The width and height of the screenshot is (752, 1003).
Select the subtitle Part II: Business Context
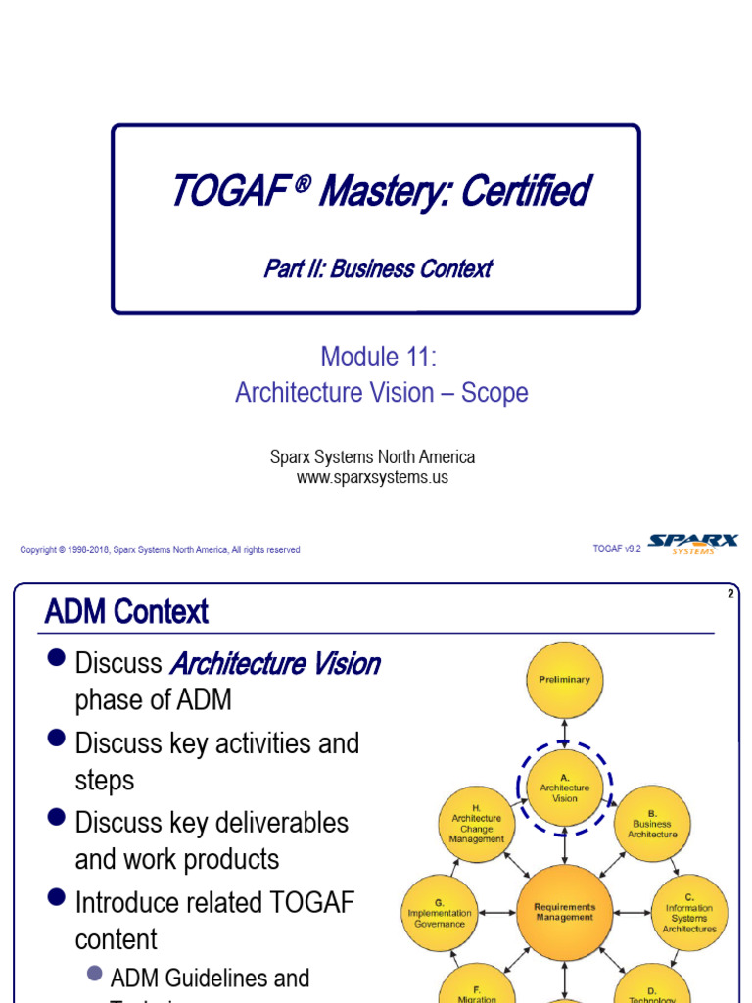pyautogui.click(x=377, y=268)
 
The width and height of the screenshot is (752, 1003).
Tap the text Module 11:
pyautogui.click(x=378, y=357)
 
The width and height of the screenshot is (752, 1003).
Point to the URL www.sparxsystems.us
pyautogui.click(x=372, y=477)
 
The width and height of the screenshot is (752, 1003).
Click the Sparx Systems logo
pyautogui.click(x=693, y=545)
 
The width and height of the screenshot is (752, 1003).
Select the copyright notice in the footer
pyautogui.click(x=160, y=550)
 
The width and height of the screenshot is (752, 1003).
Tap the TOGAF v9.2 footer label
pyautogui.click(x=617, y=549)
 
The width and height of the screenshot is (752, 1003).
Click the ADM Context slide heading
pyautogui.click(x=126, y=613)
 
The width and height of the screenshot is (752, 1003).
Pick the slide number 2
pyautogui.click(x=730, y=594)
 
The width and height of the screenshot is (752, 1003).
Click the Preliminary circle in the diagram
pyautogui.click(x=565, y=680)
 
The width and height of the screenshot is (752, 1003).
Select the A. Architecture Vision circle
pyautogui.click(x=565, y=788)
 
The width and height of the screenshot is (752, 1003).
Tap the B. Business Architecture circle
pyautogui.click(x=653, y=824)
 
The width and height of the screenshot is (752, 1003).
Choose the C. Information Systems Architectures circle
pyautogui.click(x=689, y=913)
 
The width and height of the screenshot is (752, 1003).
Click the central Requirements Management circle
pyautogui.click(x=565, y=912)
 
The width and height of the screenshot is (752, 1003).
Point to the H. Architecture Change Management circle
pyautogui.click(x=477, y=824)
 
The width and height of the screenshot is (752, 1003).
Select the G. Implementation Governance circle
pyautogui.click(x=440, y=913)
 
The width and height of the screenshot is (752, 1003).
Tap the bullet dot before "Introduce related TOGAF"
pyautogui.click(x=56, y=897)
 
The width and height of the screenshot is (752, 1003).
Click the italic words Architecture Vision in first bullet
pyautogui.click(x=275, y=664)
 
